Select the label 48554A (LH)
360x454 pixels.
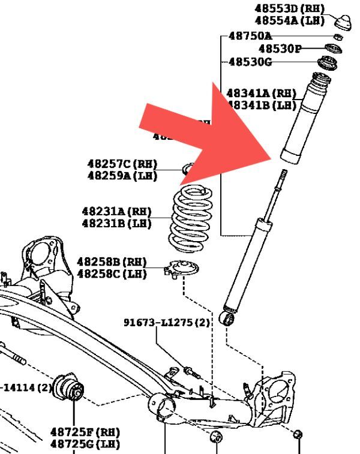point(289,20)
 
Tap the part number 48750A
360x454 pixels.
point(250,35)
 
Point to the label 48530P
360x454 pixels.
point(280,49)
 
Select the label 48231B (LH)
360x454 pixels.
point(117,224)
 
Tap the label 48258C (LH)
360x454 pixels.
point(112,274)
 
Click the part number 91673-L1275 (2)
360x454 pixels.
point(167,322)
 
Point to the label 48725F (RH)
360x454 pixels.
point(85,432)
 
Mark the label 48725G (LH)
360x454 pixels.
point(85,444)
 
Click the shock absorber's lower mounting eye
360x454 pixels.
point(228,318)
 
